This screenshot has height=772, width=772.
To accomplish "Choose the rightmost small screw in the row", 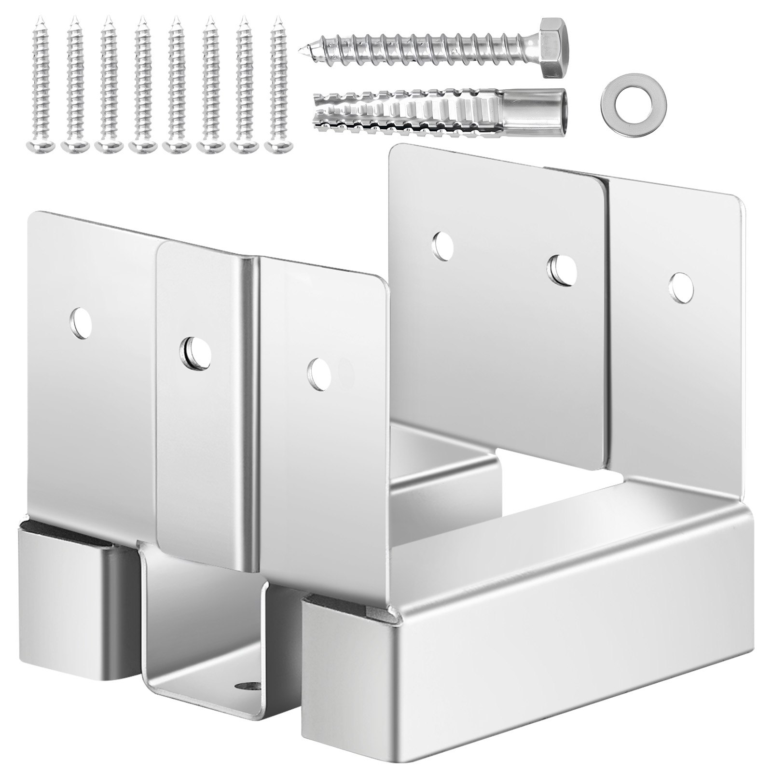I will point(276,82).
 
